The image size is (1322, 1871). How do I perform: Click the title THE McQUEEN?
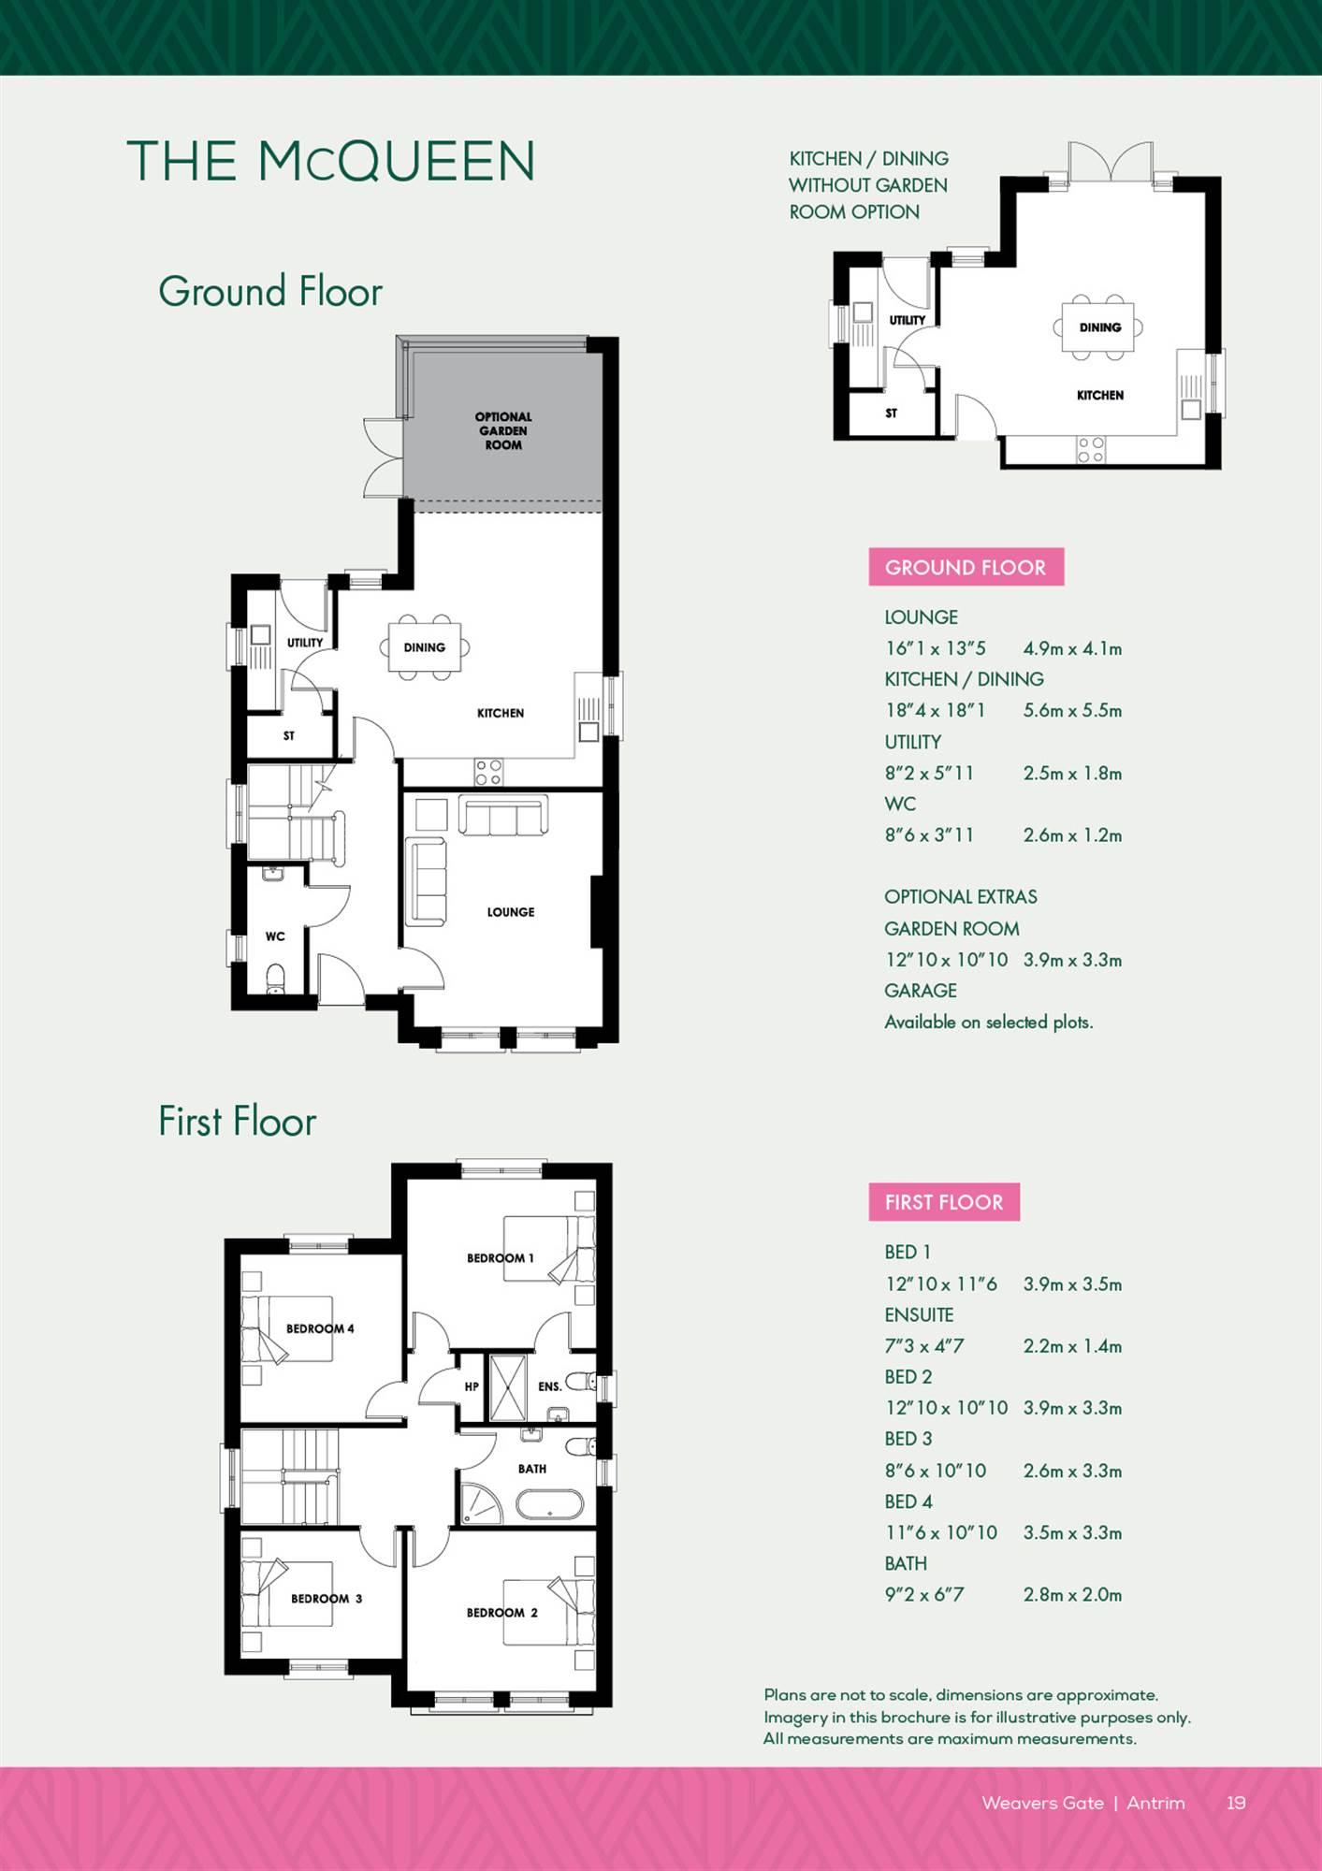pos(331,161)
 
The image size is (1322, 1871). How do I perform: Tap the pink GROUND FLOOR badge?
pos(966,567)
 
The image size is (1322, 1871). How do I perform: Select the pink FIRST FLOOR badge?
pos(944,1202)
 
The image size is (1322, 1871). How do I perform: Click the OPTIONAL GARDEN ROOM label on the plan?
pos(503,430)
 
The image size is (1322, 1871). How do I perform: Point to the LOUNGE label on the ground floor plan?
pos(511,912)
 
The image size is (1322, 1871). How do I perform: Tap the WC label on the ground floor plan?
pos(275,936)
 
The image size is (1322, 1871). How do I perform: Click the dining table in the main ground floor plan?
pos(425,646)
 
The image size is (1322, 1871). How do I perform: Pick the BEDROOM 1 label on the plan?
pos(501,1258)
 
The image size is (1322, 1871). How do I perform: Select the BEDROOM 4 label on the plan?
pos(320,1328)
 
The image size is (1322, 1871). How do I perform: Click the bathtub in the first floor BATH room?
pos(550,1505)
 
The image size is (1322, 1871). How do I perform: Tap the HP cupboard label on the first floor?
pos(472,1386)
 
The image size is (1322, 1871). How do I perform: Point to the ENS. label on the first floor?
pos(550,1386)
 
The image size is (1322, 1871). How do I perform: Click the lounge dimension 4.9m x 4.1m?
pos(1072,648)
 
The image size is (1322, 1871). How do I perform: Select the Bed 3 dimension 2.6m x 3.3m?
pos(1072,1471)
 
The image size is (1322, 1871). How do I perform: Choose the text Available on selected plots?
pos(989,1023)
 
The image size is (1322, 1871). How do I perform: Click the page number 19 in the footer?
pos(1236,1803)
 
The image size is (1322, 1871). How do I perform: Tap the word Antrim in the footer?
pos(1155,1803)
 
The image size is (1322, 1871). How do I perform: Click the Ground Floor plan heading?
pos(270,291)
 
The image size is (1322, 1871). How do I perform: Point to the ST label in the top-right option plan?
pos(892,413)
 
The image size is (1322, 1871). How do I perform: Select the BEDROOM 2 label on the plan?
pos(502,1613)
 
